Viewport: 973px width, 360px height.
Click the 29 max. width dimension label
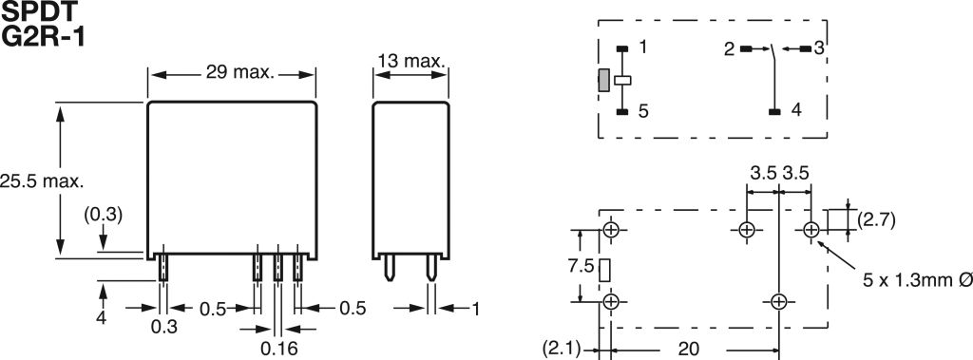239,72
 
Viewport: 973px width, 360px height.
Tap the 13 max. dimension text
410,61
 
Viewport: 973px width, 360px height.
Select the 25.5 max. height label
42,181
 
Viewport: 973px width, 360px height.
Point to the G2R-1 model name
43,36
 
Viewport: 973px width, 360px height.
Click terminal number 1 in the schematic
643,46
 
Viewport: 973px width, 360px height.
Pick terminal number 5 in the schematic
643,111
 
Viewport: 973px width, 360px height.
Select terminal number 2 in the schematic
729,49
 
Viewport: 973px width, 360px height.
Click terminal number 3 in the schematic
819,48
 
